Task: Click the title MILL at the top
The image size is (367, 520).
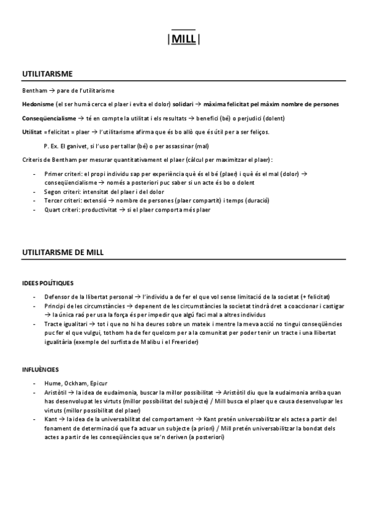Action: click(x=183, y=40)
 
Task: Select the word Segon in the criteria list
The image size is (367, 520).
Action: click(x=53, y=191)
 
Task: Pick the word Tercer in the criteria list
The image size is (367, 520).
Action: click(x=53, y=201)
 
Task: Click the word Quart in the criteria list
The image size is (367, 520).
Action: click(x=52, y=209)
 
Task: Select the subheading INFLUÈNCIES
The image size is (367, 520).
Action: click(x=40, y=370)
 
